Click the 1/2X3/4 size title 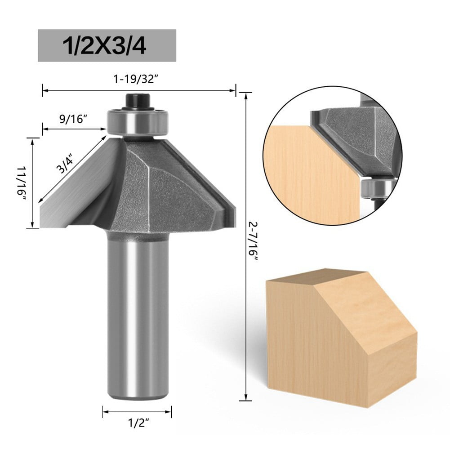click(107, 45)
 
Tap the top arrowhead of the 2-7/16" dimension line click(245, 95)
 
